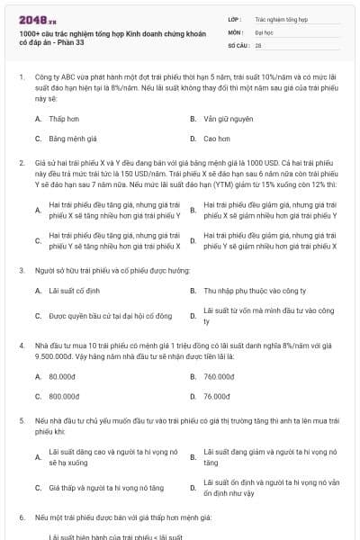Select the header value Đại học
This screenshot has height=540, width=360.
point(264,31)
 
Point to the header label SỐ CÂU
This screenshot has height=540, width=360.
point(238,44)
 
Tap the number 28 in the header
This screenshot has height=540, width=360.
point(258,44)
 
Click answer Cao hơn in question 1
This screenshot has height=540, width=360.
point(217,139)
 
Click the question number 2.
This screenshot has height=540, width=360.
point(21,162)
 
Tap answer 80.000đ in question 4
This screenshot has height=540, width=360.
point(62,376)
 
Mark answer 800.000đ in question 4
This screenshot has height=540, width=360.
point(63,395)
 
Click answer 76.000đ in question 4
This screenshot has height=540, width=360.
point(218,395)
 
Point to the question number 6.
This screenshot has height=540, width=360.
point(21,518)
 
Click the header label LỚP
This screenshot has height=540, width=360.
point(235,17)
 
